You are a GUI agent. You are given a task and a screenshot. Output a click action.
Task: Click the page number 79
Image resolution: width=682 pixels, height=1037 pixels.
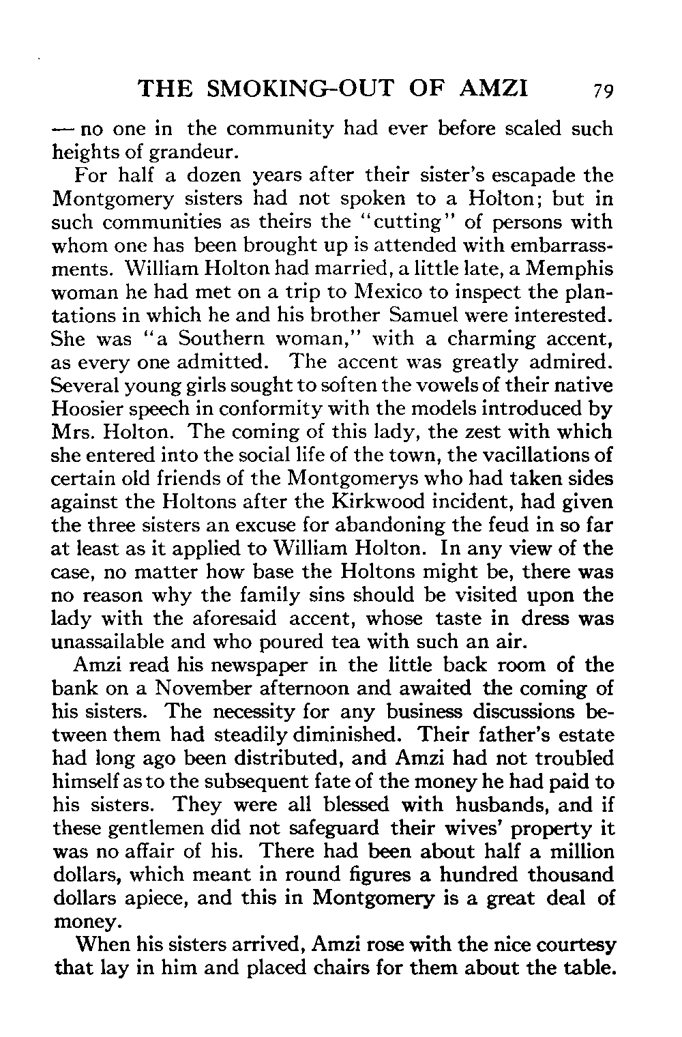tap(603, 91)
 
